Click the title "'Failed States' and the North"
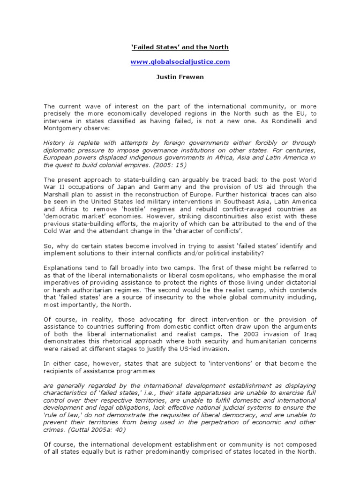coord(180,47)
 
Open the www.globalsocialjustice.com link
coord(180,61)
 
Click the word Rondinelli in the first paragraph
coord(286,120)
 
